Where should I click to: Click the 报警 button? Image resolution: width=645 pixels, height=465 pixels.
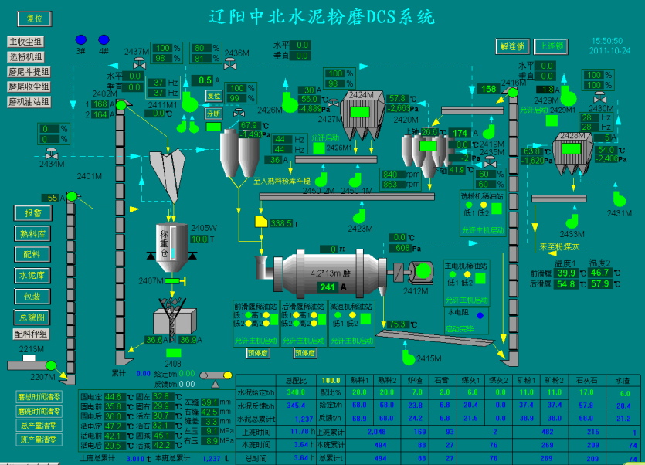[x=32, y=212]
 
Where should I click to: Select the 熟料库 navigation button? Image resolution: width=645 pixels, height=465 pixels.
[x=32, y=233]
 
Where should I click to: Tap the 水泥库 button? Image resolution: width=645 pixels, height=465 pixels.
[x=32, y=275]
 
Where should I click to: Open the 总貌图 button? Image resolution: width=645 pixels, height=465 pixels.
[x=32, y=317]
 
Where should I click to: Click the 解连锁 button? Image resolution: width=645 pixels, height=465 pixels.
[x=512, y=46]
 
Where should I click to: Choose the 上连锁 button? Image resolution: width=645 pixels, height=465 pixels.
[x=550, y=46]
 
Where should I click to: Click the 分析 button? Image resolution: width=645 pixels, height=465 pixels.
[x=214, y=114]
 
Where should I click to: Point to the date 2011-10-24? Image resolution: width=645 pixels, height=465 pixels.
[x=609, y=50]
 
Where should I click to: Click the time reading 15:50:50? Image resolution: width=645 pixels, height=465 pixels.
[x=607, y=40]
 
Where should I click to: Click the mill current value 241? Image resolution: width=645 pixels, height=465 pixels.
[x=328, y=287]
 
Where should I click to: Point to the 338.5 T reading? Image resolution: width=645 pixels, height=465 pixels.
[x=280, y=223]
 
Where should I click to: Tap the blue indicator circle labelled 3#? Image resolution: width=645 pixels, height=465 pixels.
[x=81, y=39]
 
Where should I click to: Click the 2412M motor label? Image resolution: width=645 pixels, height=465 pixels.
[x=415, y=291]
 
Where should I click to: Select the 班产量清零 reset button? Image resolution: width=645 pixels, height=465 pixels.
[x=36, y=440]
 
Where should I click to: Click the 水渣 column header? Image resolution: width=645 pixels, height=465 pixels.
[x=623, y=381]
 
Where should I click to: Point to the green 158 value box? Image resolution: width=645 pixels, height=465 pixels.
[x=488, y=89]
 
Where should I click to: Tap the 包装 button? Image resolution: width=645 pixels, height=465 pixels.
[x=32, y=296]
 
